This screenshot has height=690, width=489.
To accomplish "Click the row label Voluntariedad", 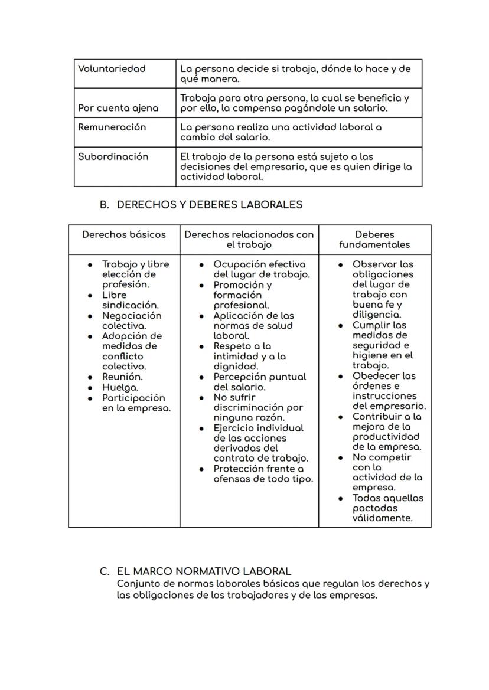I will coord(112,68).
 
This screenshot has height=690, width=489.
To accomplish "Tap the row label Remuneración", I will coord(112,127).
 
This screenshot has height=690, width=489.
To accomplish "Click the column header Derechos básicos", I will coord(124,234).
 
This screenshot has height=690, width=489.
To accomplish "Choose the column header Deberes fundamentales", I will coord(374,240).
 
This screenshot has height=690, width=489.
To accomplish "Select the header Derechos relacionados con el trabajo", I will coord(249,240).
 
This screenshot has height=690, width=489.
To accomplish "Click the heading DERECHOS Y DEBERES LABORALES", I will coord(210,205).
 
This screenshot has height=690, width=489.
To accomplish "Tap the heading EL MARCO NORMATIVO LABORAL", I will coord(204,571).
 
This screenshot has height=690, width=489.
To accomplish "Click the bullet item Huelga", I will coord(120,387).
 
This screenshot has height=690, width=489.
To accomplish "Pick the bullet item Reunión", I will coord(122,377).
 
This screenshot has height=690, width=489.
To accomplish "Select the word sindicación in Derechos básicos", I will coord(130,305).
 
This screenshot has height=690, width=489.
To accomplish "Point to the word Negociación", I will coord(132,316).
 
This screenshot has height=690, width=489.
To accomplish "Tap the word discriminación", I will coord(258,408).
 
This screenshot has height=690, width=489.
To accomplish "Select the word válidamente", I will coord(382,518).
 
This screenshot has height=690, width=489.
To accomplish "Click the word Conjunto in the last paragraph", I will coord(139,584).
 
